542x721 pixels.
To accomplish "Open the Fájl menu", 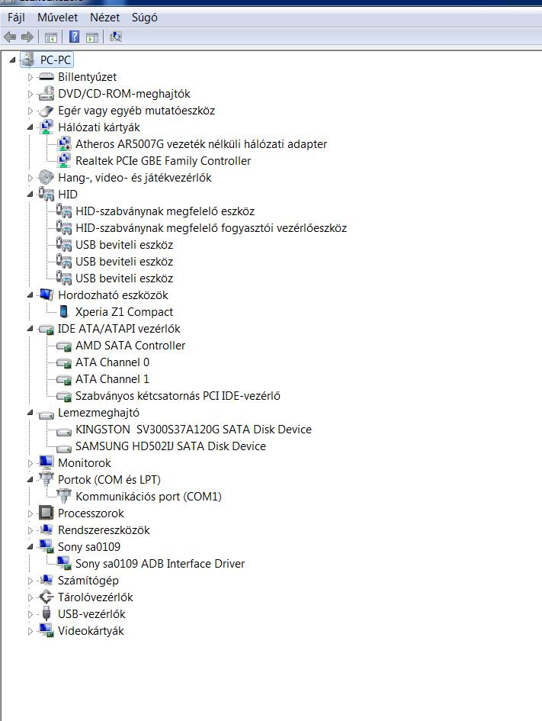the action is tap(16, 18).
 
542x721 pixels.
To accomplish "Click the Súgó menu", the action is tap(144, 18).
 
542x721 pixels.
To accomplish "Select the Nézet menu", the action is tap(104, 18).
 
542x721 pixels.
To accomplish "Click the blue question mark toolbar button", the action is tap(74, 37).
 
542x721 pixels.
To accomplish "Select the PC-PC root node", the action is tap(55, 60).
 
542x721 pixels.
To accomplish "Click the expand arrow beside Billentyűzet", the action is tap(30, 77).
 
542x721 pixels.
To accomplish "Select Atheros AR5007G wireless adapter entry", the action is tap(201, 144).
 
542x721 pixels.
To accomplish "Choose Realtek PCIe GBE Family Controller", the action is tap(163, 161).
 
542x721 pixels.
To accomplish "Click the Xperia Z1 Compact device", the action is tap(124, 312).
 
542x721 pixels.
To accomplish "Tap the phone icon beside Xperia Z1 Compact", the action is tap(64, 312).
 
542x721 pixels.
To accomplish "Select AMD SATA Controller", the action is tap(130, 346).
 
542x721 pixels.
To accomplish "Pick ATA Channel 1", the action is tap(112, 379).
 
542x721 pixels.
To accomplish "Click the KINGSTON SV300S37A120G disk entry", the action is tap(194, 430).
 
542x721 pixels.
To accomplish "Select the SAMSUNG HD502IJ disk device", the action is tap(171, 446).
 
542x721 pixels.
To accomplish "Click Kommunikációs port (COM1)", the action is tap(149, 497).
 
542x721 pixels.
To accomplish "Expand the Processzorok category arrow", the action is tap(30, 513).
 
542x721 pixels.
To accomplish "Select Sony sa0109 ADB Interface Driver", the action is tap(160, 564).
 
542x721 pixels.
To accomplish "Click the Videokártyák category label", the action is tap(91, 631).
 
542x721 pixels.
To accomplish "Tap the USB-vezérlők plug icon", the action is tap(46, 613).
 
